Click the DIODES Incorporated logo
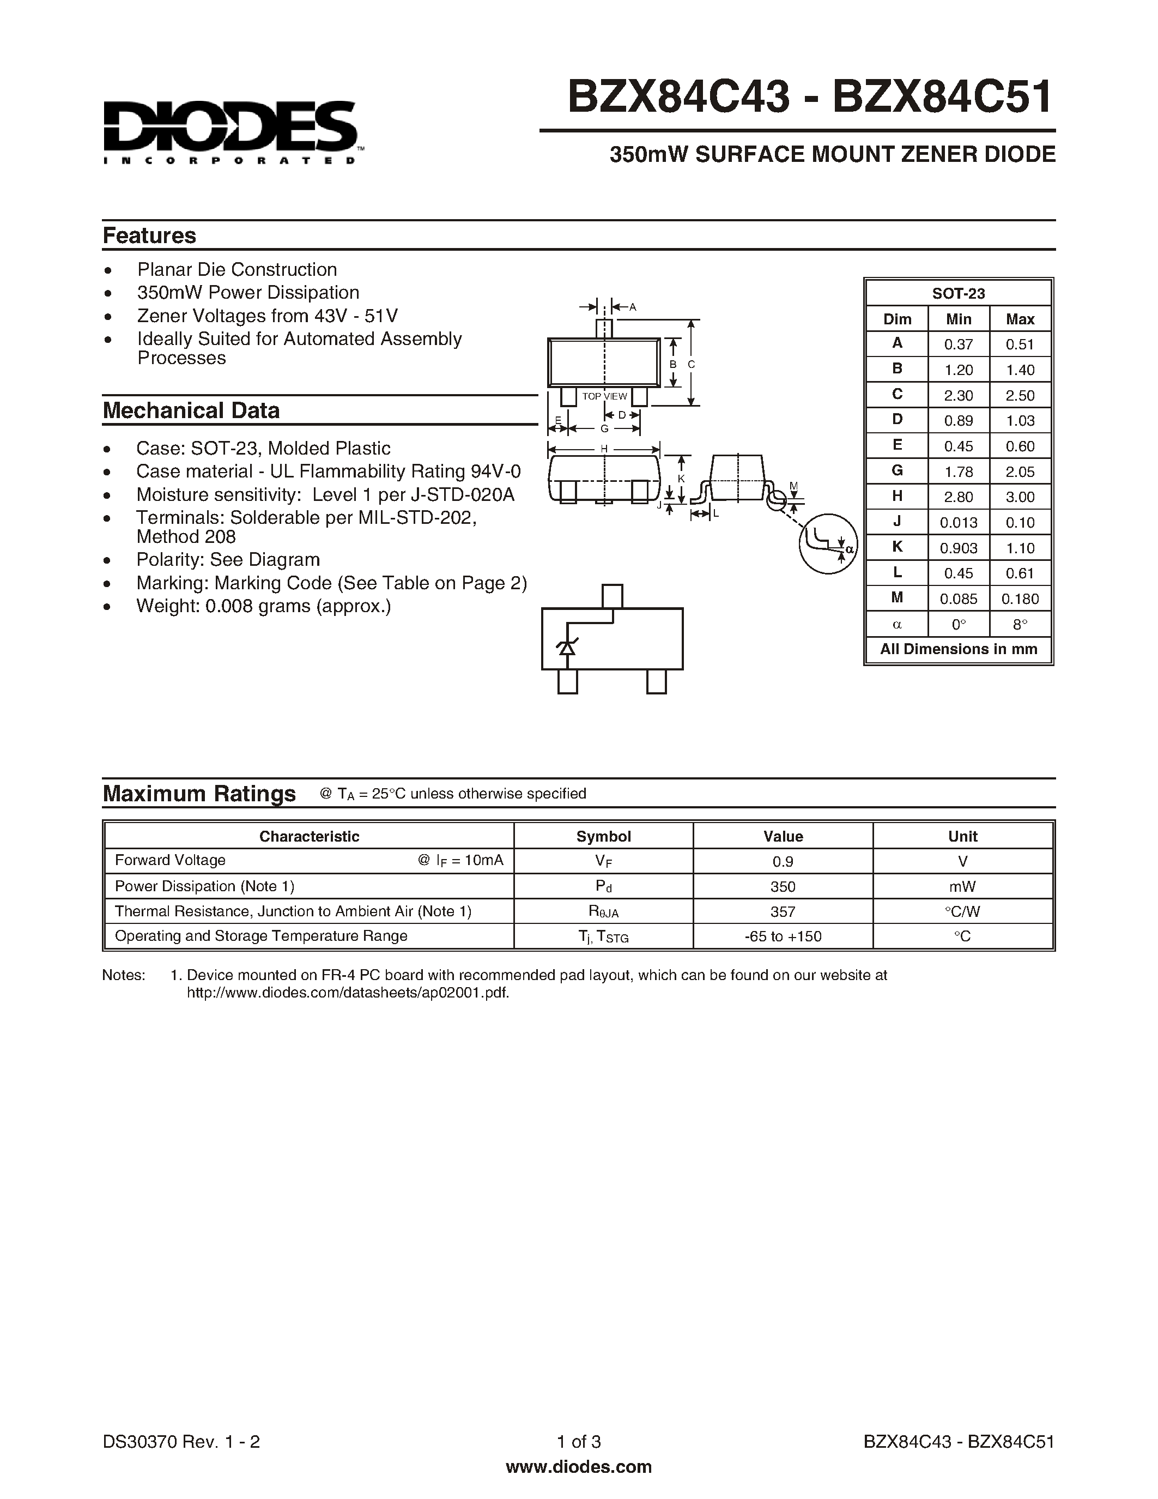(230, 132)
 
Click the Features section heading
(149, 235)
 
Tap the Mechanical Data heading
(191, 410)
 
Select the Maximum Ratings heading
(199, 794)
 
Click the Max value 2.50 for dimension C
(1020, 395)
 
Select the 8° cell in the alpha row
(1020, 625)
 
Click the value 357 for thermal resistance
(782, 911)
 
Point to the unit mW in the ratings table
(962, 887)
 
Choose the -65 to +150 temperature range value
(782, 936)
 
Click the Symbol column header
(603, 836)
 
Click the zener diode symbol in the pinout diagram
(566, 646)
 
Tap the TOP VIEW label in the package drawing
(604, 396)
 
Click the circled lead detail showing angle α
(828, 543)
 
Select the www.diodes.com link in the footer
(578, 1467)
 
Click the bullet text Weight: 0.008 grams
(263, 606)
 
